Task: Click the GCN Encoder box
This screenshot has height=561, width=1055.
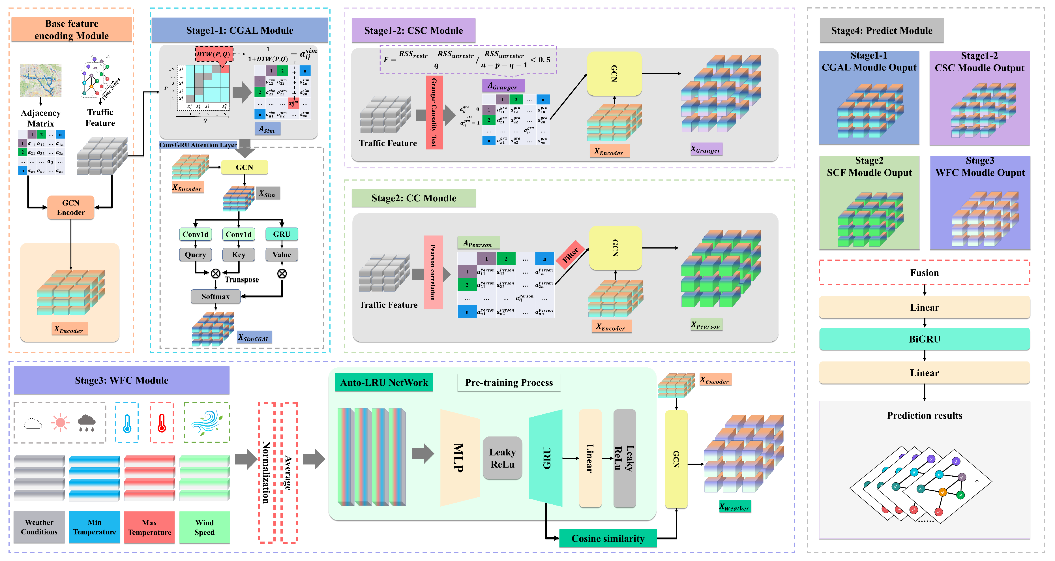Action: tap(70, 207)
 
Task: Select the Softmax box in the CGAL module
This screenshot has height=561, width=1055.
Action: tap(215, 296)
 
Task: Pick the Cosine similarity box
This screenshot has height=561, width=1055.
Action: tap(608, 538)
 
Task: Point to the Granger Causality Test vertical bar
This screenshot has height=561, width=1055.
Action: tap(434, 113)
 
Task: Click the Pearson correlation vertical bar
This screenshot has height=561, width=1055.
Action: tap(433, 272)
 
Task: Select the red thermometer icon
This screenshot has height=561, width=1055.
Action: tap(162, 423)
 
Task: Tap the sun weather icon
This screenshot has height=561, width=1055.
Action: tap(60, 423)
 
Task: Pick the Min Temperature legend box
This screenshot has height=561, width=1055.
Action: tap(95, 527)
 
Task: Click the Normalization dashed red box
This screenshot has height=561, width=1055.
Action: tap(266, 473)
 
